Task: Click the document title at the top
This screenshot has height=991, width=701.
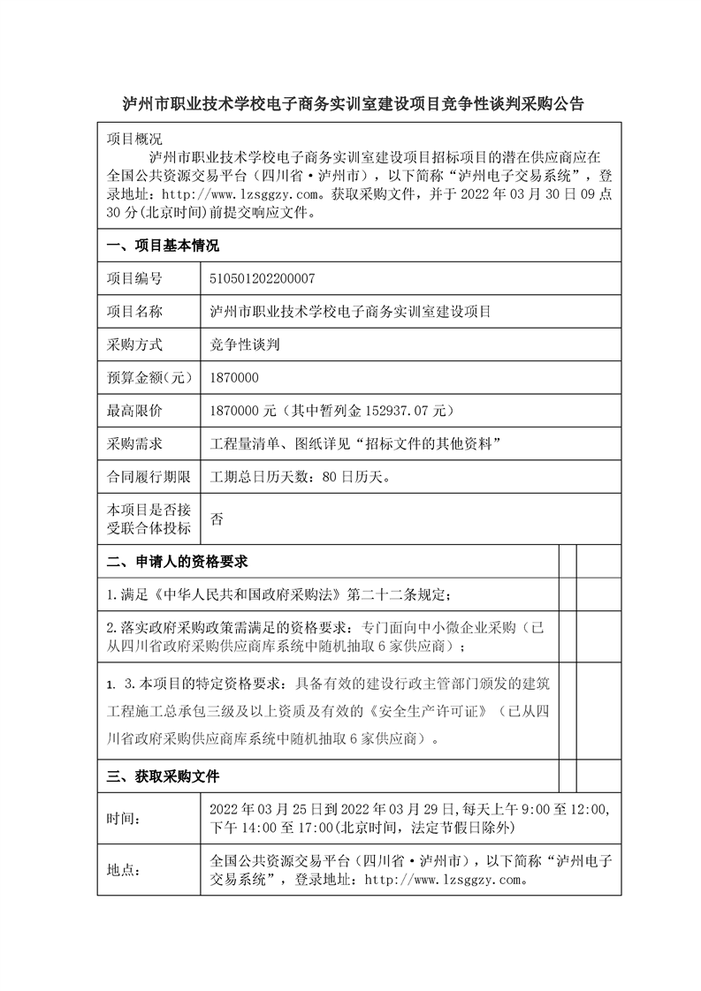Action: [x=353, y=103]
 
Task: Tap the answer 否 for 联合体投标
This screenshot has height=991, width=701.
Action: [x=217, y=519]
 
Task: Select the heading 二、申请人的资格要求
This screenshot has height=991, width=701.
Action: [x=177, y=562]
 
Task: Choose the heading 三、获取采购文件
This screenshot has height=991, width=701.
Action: [x=163, y=777]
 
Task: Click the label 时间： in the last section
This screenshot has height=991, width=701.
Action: [x=124, y=819]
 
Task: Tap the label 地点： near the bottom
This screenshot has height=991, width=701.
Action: [x=124, y=870]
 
